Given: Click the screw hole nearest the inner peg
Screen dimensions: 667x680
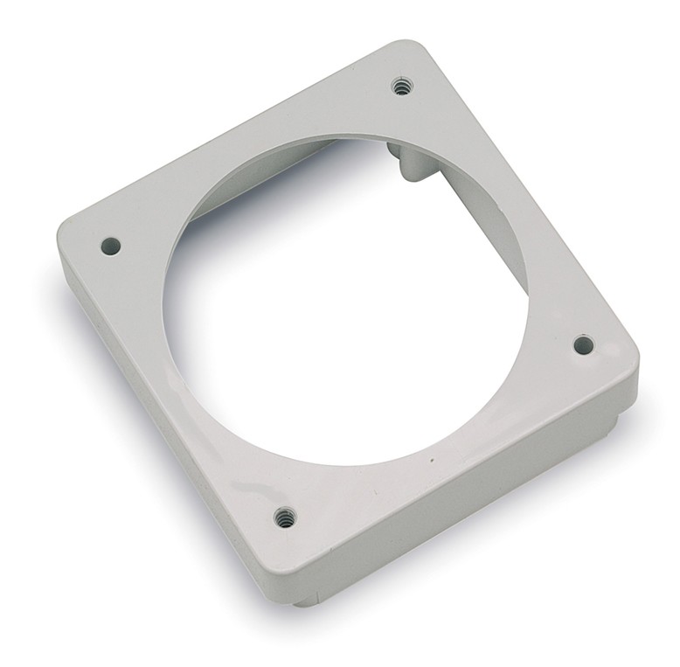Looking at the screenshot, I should pos(402,86).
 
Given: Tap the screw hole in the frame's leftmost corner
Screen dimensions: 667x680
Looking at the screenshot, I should pos(110,247).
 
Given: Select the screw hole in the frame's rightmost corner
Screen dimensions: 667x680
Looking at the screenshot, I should pos(583,344).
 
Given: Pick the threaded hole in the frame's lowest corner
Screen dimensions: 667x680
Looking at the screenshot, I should pos(283,518).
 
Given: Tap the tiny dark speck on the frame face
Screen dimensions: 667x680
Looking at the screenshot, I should pos(431,459).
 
